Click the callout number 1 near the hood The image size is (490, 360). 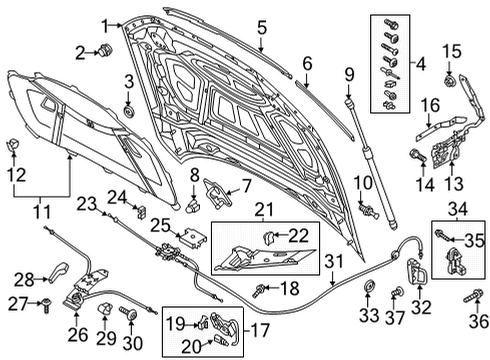click(x=105, y=26)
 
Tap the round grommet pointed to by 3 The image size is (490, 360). click(x=129, y=111)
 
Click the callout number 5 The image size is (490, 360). click(x=262, y=27)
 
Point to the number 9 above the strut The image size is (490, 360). click(x=349, y=75)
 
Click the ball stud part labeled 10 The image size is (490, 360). click(x=369, y=211)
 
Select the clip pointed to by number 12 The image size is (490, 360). click(x=13, y=144)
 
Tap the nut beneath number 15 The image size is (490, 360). click(x=450, y=80)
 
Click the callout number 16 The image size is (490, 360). click(x=430, y=105)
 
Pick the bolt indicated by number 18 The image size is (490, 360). click(x=259, y=290)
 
